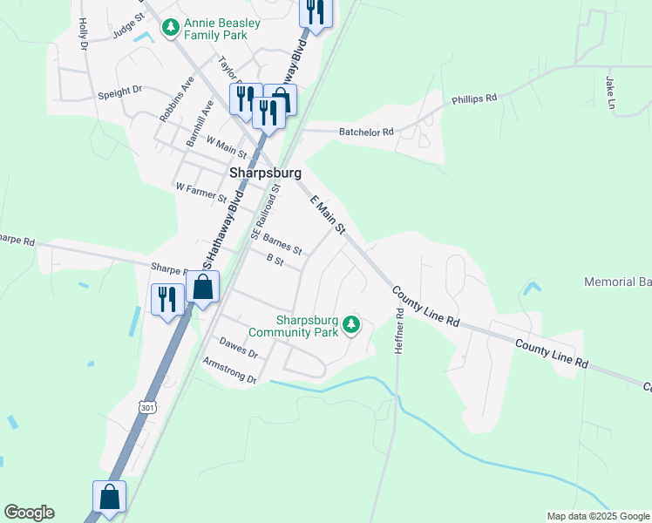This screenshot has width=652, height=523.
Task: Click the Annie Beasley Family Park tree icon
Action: point(171,28)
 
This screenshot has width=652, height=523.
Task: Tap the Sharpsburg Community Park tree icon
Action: point(351,325)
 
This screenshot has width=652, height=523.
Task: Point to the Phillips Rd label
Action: point(474,99)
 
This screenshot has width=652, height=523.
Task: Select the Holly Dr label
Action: point(84,32)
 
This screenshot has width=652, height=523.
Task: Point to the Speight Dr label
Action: point(120,91)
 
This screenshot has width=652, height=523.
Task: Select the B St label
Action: point(275,260)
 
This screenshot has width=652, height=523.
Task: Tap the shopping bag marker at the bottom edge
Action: point(110,497)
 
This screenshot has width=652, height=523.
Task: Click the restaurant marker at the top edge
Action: point(314,12)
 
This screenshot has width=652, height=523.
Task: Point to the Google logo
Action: point(29,513)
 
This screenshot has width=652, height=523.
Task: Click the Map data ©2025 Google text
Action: point(598,516)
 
